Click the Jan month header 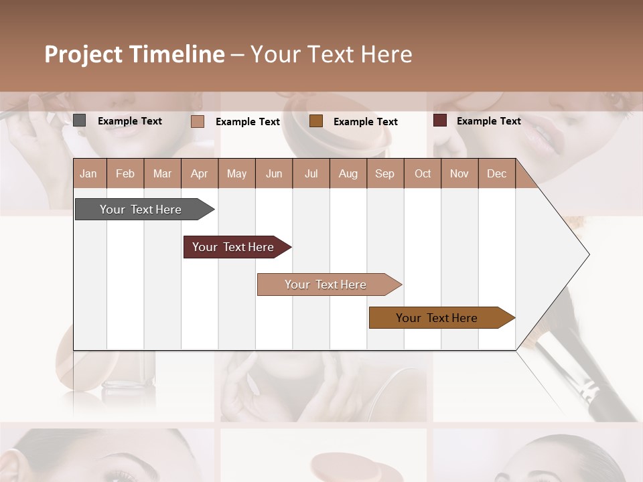(88, 173)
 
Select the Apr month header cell (199, 173)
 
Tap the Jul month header (311, 173)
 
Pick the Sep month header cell (384, 173)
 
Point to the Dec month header (496, 173)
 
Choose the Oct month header (423, 173)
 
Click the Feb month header (125, 173)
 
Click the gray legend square (80, 120)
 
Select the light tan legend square (198, 121)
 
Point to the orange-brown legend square (316, 121)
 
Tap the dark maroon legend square (440, 120)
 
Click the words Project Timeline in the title (134, 54)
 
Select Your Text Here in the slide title (331, 54)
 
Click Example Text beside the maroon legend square (488, 121)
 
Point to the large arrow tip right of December (563, 254)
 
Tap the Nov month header (459, 173)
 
